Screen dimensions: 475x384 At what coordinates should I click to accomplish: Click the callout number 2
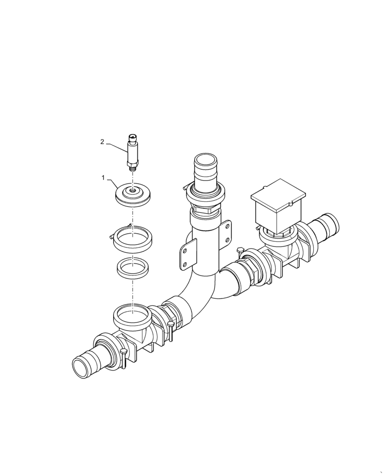coord(102,142)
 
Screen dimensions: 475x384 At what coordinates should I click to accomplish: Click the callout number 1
coord(103,178)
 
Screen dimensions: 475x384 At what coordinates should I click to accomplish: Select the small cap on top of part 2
coord(132,137)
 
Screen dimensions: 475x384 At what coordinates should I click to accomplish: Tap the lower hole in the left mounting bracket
coord(182,265)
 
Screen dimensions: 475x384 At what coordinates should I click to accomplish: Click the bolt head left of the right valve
coord(240,250)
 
